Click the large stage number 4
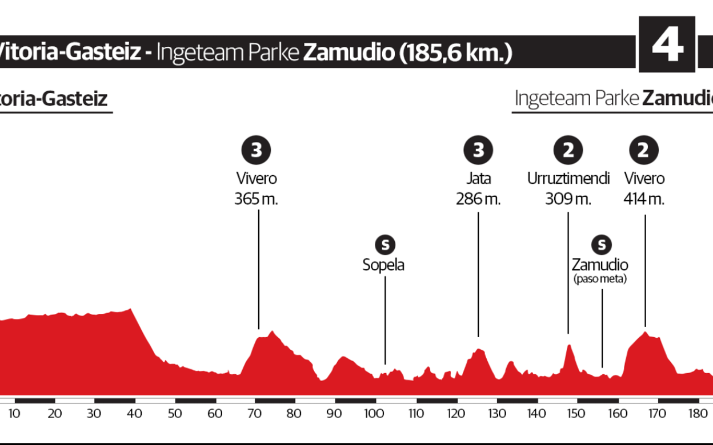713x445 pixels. pos(667,45)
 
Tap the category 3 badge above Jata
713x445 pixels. pos(478,151)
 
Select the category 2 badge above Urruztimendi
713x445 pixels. pos(568,151)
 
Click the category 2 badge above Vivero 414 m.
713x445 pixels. pos(644,151)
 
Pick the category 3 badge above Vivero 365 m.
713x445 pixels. pos(256,151)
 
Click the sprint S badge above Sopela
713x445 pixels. pos(385,245)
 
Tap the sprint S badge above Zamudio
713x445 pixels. pos(601,245)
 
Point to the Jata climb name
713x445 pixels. pos(478,179)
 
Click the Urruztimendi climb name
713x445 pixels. pos(568,179)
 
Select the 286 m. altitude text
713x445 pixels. pos(478,199)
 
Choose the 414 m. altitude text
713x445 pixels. pos(644,199)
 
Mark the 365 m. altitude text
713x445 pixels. pos(256,199)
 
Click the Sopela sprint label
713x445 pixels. pos(383,265)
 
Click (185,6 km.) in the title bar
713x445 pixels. pos(454,52)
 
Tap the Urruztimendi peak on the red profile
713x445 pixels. pos(568,346)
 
